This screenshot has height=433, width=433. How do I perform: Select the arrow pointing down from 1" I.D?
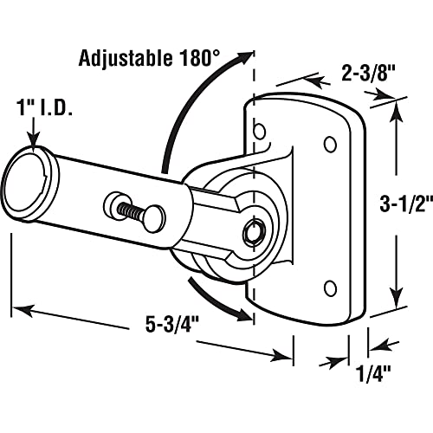(x=33, y=139)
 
